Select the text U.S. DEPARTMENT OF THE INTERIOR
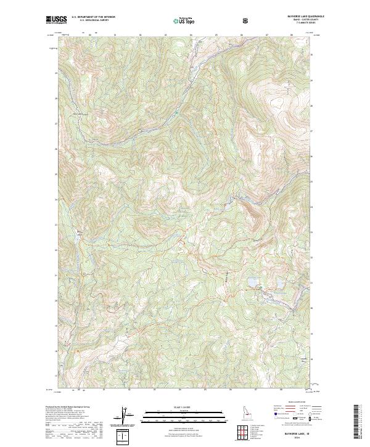93,18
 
